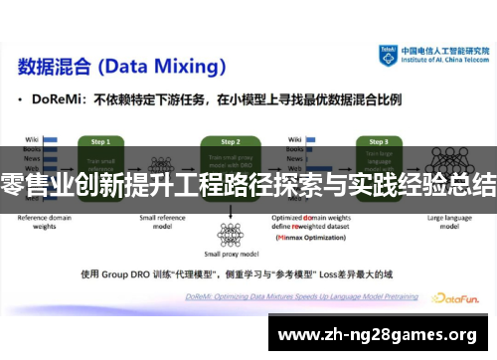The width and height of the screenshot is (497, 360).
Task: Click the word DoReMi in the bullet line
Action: point(61,100)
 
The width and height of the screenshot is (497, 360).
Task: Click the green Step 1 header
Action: point(100,142)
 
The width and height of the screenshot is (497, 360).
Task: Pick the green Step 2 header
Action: point(231,142)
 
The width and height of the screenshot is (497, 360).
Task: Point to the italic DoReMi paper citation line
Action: point(288,289)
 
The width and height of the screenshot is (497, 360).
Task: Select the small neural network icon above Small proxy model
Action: point(231,233)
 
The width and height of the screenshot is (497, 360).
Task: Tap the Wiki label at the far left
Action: point(31,138)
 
